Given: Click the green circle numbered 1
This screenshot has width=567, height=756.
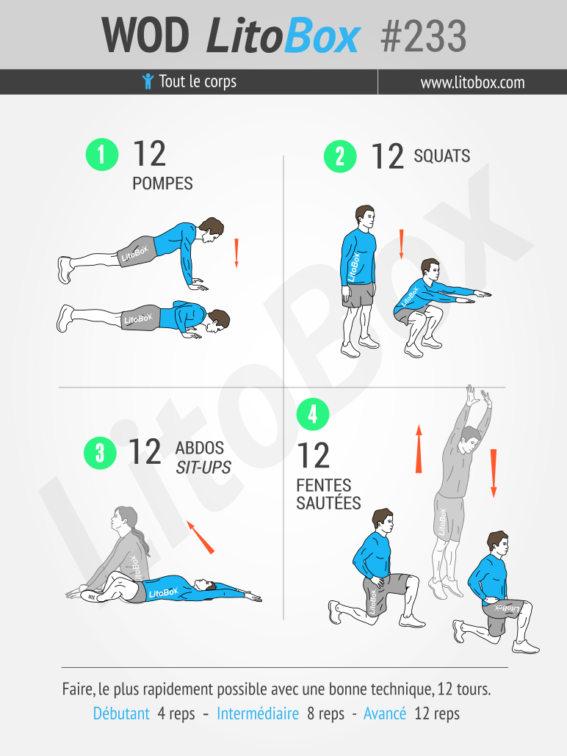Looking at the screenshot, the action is (x=102, y=154).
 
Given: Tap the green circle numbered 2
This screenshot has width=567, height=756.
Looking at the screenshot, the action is (x=340, y=156).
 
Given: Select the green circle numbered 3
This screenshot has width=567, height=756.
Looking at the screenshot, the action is (x=100, y=453).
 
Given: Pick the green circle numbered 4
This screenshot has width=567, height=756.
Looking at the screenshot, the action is (x=313, y=414).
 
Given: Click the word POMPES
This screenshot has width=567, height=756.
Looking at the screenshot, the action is (x=162, y=183).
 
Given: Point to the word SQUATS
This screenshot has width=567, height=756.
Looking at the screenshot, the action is (x=442, y=156).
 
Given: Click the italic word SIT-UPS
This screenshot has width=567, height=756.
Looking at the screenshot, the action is (x=203, y=468).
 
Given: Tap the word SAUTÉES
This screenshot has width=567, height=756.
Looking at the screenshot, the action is (x=328, y=502).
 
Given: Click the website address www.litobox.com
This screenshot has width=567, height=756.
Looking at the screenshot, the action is (x=472, y=82).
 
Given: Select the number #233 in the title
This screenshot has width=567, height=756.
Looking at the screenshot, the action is (x=423, y=36).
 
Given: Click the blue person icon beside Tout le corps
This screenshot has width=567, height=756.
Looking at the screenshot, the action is (x=148, y=81).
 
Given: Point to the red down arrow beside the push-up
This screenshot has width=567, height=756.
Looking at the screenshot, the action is (x=236, y=252).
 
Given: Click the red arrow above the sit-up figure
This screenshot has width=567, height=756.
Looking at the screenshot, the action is (x=201, y=537).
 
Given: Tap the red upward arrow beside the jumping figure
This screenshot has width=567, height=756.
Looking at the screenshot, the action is (x=419, y=449).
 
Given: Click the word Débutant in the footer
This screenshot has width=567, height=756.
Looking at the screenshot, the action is (x=121, y=713).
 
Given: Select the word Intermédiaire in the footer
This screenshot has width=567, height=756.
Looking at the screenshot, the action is (x=258, y=713).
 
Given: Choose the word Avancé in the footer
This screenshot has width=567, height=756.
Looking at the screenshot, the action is (x=385, y=713).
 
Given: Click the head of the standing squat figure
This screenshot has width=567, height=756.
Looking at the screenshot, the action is (x=365, y=219).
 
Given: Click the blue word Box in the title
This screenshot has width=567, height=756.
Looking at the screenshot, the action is (x=322, y=36).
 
